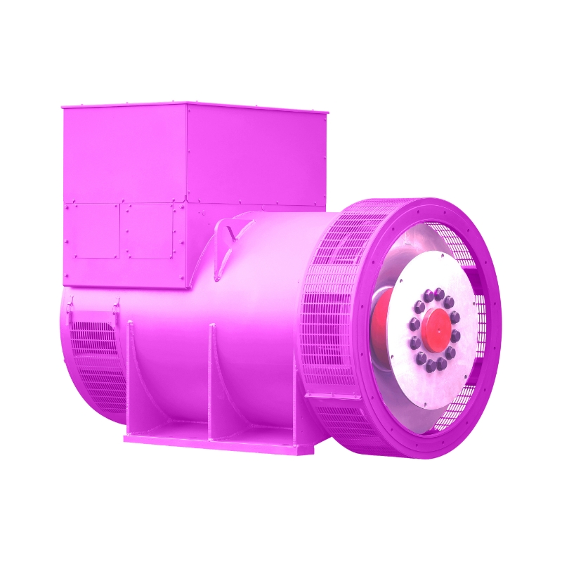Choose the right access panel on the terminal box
pyautogui.click(x=148, y=231)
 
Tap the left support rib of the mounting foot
pyautogui.click(x=138, y=379)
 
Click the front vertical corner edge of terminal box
pyautogui.click(x=186, y=197)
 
